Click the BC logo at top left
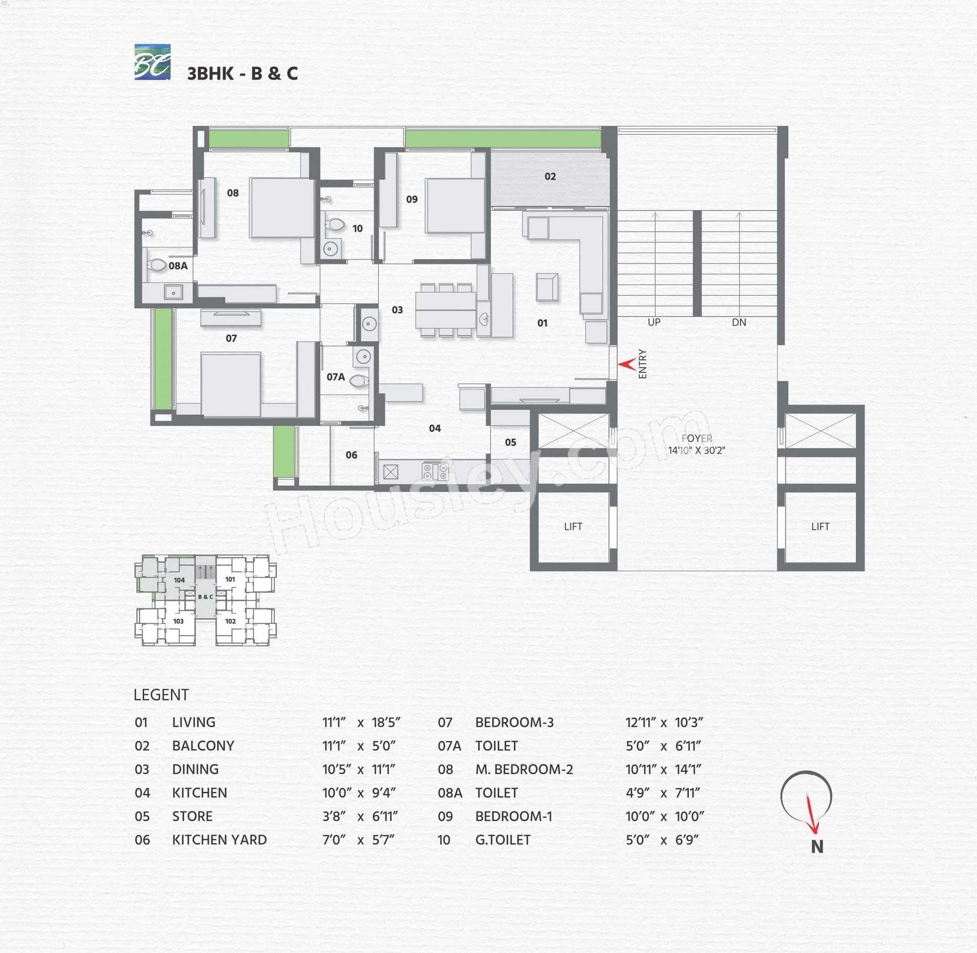(152, 62)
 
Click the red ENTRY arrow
(626, 364)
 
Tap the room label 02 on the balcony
(550, 176)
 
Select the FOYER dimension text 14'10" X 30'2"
(696, 450)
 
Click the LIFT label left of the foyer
(573, 526)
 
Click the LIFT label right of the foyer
(820, 526)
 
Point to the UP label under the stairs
(654, 322)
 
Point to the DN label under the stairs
(739, 322)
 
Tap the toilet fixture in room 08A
(157, 265)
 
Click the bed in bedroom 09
(455, 205)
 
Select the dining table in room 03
(445, 309)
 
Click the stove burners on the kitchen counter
(435, 471)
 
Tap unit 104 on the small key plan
(179, 580)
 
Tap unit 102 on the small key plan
(230, 621)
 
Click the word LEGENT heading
(161, 694)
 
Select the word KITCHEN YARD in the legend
(219, 840)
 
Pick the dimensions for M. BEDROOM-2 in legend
(663, 769)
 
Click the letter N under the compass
(816, 846)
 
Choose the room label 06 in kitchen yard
(351, 455)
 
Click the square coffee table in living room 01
(547, 287)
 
